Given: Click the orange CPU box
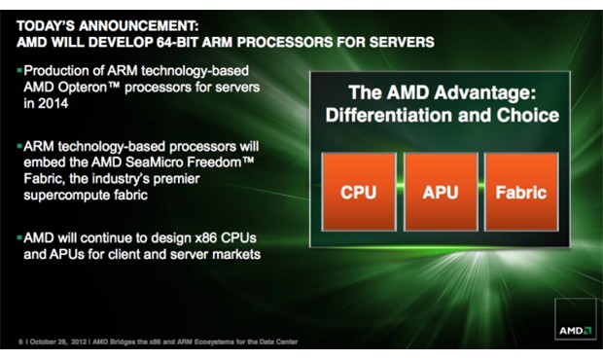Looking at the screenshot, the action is click(359, 192).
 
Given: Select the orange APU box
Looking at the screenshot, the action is click(441, 192).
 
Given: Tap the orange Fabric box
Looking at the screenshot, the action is click(521, 192).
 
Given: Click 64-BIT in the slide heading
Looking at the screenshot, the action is click(177, 42).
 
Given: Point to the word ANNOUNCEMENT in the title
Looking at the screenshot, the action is click(139, 25).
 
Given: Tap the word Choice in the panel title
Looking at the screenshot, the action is click(528, 116).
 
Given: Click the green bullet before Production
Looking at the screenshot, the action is click(19, 70).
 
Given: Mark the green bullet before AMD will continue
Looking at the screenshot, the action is click(19, 237).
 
